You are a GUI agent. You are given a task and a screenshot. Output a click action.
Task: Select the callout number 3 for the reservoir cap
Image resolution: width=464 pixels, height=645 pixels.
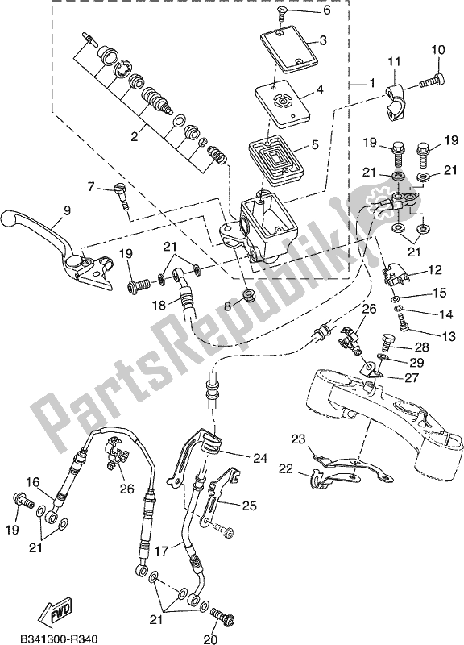[321, 40]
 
